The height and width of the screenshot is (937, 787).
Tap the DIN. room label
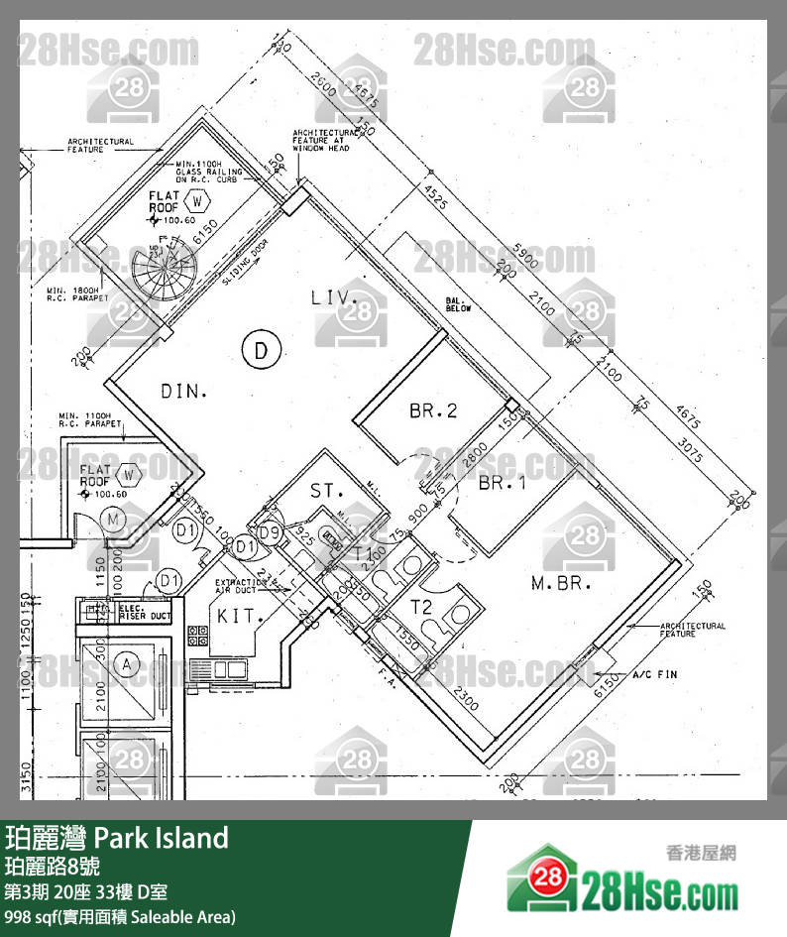click(x=184, y=392)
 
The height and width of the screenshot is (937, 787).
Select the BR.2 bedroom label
click(x=433, y=410)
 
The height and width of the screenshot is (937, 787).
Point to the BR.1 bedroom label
click(x=502, y=484)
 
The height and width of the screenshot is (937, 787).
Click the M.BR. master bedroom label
click(x=561, y=584)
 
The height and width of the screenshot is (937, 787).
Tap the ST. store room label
click(x=326, y=491)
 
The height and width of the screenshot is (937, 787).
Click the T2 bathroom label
click(x=423, y=606)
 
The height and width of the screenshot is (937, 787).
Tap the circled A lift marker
click(x=127, y=666)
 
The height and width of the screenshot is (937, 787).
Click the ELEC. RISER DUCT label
click(x=145, y=612)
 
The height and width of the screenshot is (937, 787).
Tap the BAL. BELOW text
click(x=458, y=303)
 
